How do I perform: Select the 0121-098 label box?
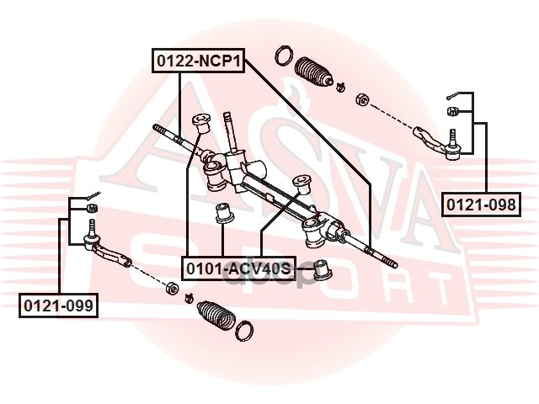coord(482,203)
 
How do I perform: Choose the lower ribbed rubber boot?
coord(216,316)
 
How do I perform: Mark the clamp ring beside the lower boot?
coord(245,330)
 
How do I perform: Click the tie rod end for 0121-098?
coord(440,141)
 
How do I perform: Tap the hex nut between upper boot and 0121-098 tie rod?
coord(361,98)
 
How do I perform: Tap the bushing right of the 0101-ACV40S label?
coord(321,270)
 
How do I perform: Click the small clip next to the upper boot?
coord(339,86)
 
